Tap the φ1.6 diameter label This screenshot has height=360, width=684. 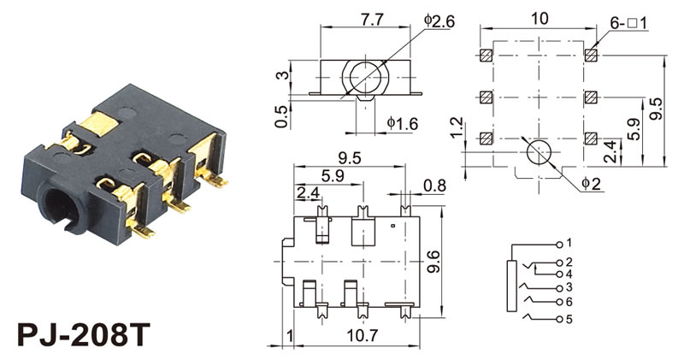click(x=402, y=124)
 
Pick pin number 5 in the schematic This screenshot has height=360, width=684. click(x=569, y=320)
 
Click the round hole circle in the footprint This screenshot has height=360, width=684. click(x=539, y=153)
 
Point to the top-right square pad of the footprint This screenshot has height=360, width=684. click(x=590, y=56)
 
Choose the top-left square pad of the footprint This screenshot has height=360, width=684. click(x=486, y=56)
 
